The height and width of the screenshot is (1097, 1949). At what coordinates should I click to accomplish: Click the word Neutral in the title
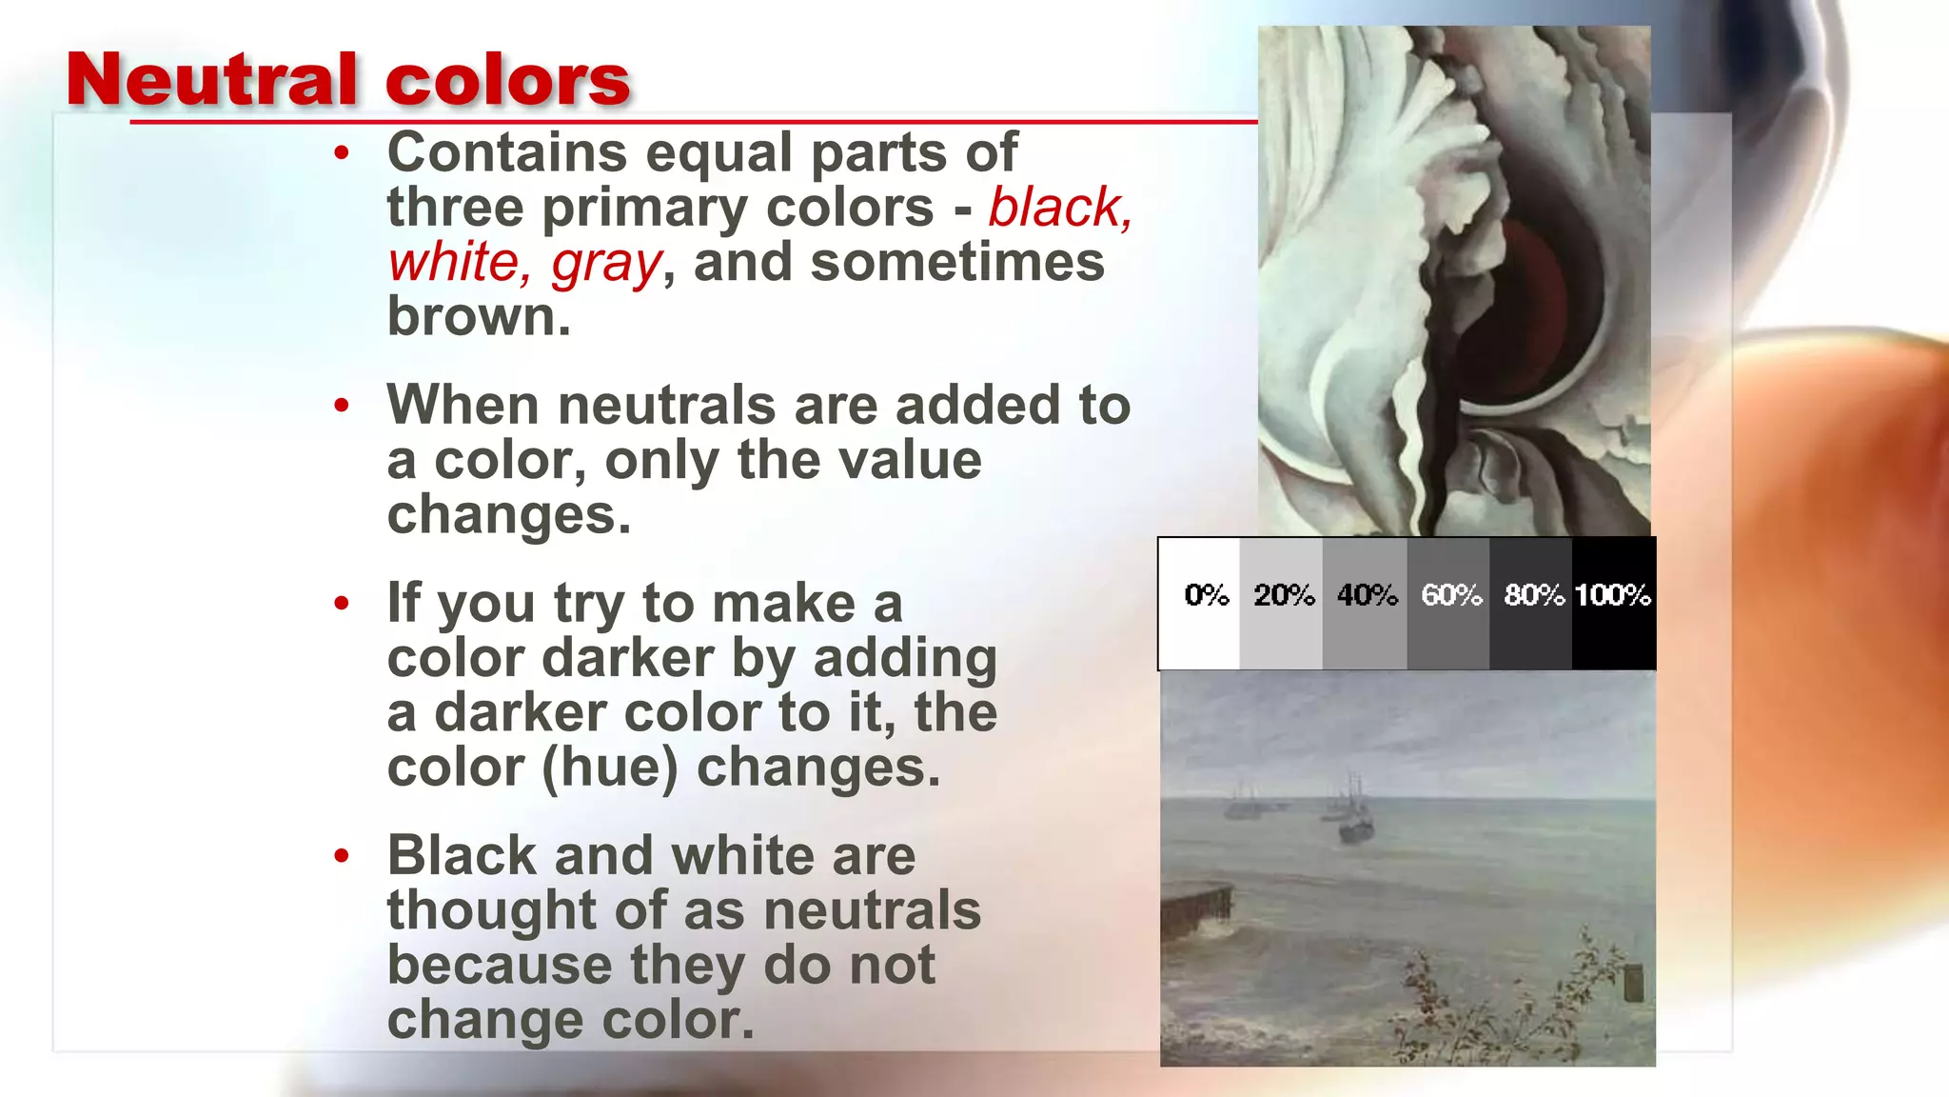[211, 80]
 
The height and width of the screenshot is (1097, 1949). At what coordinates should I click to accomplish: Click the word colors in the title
[507, 80]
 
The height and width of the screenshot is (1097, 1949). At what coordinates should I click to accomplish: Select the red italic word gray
[606, 264]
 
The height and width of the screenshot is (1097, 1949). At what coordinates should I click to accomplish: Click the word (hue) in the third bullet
[610, 768]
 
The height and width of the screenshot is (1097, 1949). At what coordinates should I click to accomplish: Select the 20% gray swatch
[1281, 604]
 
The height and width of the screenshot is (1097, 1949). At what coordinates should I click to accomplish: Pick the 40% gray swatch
[1365, 604]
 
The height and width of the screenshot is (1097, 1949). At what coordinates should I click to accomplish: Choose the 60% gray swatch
[1448, 604]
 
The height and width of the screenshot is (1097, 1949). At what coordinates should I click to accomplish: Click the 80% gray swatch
[1530, 604]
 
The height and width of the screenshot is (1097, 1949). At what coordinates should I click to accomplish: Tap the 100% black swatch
[1613, 604]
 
